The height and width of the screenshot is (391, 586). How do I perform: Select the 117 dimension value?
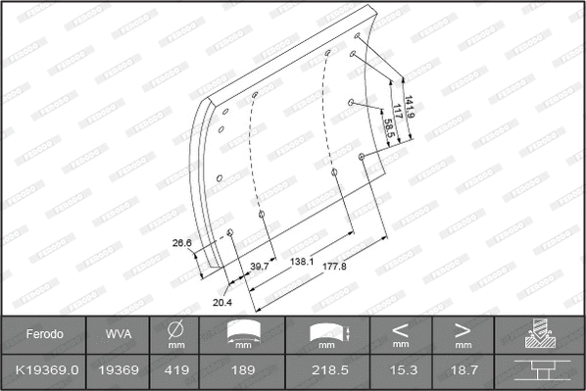(398, 112)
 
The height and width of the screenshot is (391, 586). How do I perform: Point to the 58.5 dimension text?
(389, 127)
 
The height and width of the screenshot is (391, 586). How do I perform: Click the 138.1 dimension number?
(302, 262)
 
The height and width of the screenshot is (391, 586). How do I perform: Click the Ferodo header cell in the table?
(44, 334)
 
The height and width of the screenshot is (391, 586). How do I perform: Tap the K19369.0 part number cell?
(44, 372)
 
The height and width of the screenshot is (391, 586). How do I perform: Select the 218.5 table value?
(323, 372)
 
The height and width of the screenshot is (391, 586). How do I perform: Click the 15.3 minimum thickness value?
(401, 372)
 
